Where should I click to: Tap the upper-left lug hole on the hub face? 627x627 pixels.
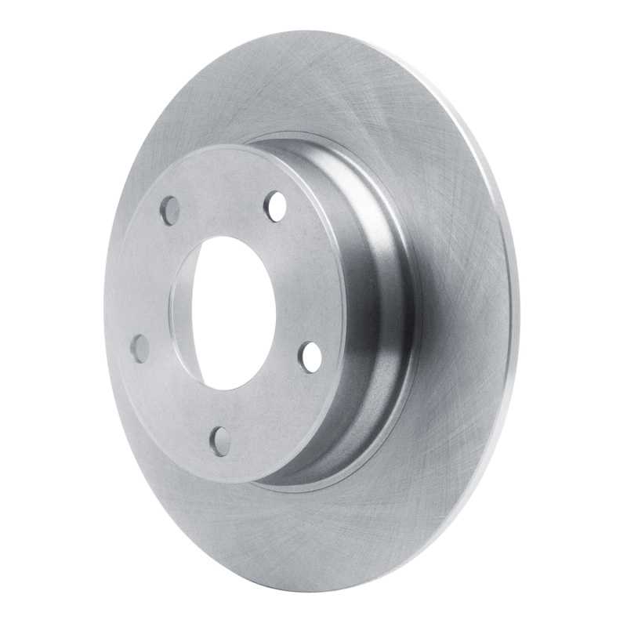(x=170, y=210)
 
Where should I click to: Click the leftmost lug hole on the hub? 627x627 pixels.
(x=141, y=348)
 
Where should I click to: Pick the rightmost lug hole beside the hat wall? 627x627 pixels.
(x=311, y=357)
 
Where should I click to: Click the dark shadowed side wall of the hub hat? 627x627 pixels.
(x=376, y=329)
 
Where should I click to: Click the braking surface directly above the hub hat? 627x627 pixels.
(x=313, y=86)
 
